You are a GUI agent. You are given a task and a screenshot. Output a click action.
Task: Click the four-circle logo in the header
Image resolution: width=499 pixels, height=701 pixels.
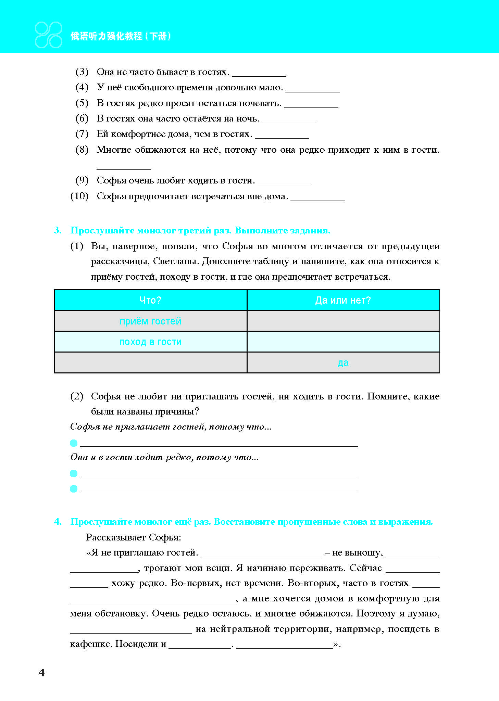pyautogui.click(x=49, y=35)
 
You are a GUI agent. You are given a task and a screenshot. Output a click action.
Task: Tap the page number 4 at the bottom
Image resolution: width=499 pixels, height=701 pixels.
pyautogui.click(x=41, y=673)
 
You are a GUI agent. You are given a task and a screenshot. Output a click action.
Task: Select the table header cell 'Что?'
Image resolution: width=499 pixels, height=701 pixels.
pyautogui.click(x=150, y=300)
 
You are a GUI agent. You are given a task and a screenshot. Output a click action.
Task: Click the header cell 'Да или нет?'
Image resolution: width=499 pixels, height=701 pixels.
pyautogui.click(x=343, y=300)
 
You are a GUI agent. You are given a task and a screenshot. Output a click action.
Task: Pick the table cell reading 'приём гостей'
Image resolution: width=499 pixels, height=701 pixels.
pyautogui.click(x=150, y=321)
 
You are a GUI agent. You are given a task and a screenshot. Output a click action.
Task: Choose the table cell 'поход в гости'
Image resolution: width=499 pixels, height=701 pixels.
pyautogui.click(x=150, y=342)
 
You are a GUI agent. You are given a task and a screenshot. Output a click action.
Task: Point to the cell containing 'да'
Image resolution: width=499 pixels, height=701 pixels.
pyautogui.click(x=343, y=362)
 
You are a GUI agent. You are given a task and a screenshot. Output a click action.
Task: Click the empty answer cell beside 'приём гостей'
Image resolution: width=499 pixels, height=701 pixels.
pyautogui.click(x=343, y=321)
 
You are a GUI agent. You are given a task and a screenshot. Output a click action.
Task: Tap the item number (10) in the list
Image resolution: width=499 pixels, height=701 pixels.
pyautogui.click(x=79, y=196)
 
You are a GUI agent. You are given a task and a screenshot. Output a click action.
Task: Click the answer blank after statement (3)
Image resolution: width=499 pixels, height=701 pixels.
pyautogui.click(x=259, y=73)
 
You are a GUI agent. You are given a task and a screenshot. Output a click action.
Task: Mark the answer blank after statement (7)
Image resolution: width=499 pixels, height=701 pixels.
pyautogui.click(x=282, y=135)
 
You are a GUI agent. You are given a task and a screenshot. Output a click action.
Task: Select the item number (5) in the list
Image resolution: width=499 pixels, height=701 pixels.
pyautogui.click(x=82, y=103)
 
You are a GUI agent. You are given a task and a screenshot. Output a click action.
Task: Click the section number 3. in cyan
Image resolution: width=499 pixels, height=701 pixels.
pyautogui.click(x=58, y=230)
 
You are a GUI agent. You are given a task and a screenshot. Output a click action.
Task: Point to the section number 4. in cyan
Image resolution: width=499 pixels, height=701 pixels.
pyautogui.click(x=58, y=522)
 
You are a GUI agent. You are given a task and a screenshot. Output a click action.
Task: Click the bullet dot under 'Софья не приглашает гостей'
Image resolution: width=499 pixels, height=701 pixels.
pyautogui.click(x=74, y=443)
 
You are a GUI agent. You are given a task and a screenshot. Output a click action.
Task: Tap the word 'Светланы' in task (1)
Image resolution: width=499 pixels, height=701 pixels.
pyautogui.click(x=176, y=262)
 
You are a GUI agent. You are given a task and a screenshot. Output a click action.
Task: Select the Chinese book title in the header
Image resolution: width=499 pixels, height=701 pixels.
pyautogui.click(x=121, y=36)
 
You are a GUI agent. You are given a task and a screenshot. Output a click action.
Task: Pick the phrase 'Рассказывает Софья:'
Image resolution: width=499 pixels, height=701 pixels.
pyautogui.click(x=134, y=537)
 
